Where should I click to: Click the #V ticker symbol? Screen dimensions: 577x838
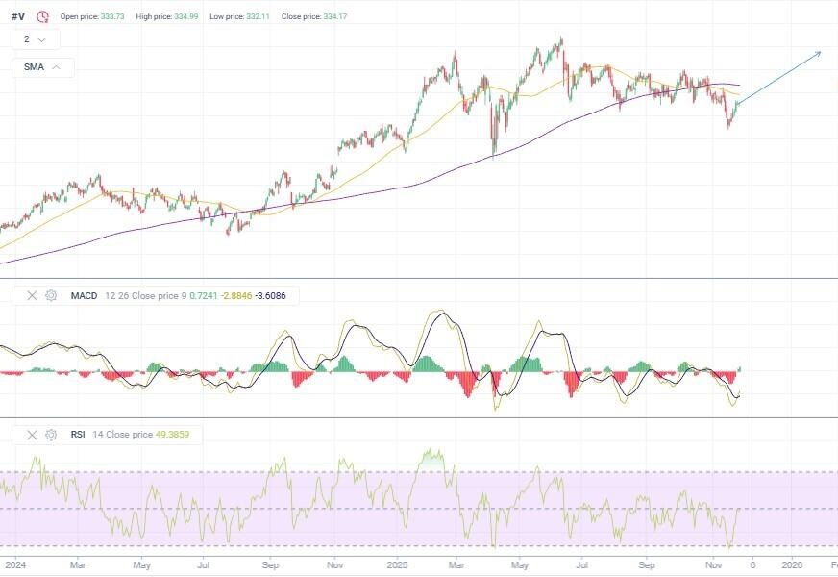pyautogui.click(x=18, y=16)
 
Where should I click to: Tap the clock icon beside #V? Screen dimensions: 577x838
pyautogui.click(x=42, y=16)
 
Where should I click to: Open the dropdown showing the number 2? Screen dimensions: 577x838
pyautogui.click(x=36, y=39)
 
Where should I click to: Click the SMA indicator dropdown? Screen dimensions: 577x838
pyautogui.click(x=43, y=67)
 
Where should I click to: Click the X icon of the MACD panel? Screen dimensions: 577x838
pyautogui.click(x=32, y=295)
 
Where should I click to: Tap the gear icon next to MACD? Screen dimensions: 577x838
pyautogui.click(x=51, y=295)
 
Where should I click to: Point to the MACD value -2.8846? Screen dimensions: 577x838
pyautogui.click(x=236, y=295)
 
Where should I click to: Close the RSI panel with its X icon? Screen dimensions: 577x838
pyautogui.click(x=32, y=435)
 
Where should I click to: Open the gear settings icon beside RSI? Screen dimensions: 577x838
pyautogui.click(x=51, y=435)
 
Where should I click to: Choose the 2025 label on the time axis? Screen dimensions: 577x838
pyautogui.click(x=398, y=564)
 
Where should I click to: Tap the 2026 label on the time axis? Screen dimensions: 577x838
pyautogui.click(x=793, y=564)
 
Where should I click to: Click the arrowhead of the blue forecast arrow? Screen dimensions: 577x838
pyautogui.click(x=820, y=52)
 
